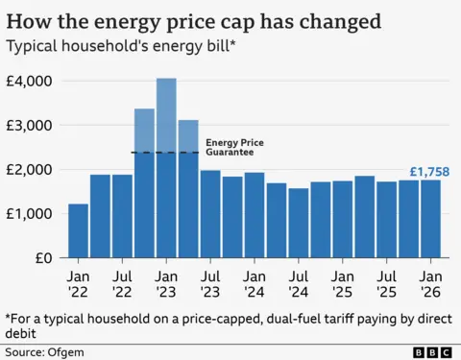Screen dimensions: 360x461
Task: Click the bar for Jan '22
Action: tap(79, 231)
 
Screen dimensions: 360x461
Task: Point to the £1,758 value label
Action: tap(429, 172)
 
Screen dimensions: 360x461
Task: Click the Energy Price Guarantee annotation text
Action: tap(234, 148)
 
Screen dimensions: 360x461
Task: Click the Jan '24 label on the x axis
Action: tap(255, 280)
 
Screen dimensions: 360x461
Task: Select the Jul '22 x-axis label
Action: tap(123, 280)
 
